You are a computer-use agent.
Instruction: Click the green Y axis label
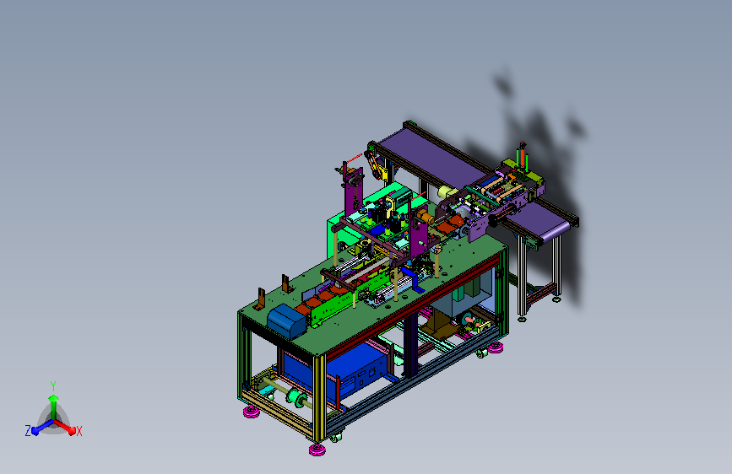53,385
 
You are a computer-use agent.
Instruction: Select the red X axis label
79,431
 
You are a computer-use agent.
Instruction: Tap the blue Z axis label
28,431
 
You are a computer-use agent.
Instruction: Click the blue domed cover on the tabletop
287,320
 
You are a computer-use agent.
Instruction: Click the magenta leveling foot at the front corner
317,450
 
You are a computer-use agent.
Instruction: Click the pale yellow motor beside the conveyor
447,191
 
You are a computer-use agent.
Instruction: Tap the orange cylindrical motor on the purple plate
425,217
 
